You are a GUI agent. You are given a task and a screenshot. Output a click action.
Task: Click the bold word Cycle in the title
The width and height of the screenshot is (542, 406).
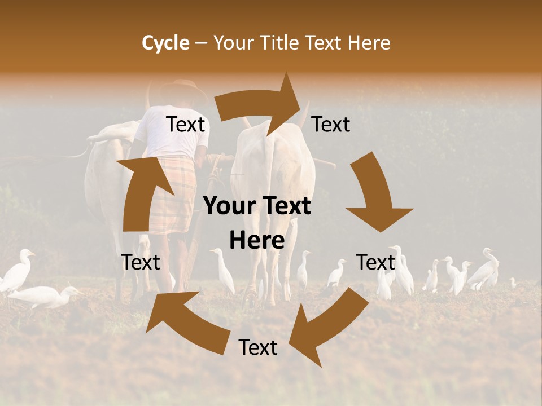(x=165, y=43)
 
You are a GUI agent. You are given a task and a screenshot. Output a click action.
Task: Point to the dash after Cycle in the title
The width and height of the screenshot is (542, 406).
(x=201, y=43)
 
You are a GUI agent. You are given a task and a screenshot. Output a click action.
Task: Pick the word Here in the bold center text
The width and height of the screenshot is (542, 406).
(x=257, y=241)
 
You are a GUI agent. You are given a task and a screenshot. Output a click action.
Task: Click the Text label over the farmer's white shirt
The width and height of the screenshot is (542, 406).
(x=185, y=125)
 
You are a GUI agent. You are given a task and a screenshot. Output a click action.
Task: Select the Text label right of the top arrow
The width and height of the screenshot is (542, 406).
(x=331, y=125)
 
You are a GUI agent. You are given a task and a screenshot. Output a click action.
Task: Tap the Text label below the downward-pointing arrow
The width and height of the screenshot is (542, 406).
(x=375, y=262)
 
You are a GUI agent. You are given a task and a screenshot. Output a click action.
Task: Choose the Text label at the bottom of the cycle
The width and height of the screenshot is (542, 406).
(x=258, y=348)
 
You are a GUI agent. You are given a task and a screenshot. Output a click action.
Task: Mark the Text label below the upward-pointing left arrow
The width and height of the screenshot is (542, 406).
(x=141, y=262)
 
